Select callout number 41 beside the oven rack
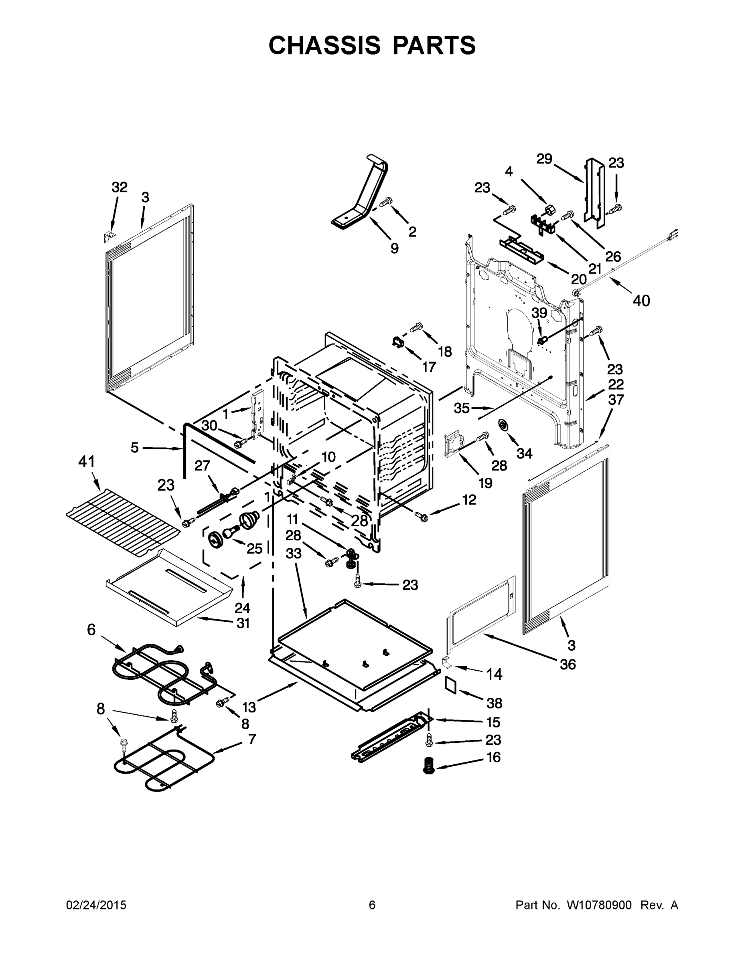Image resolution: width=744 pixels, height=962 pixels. pyautogui.click(x=86, y=462)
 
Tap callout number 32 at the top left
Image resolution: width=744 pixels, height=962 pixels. pyautogui.click(x=119, y=187)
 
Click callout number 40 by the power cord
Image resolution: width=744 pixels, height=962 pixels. pyautogui.click(x=641, y=301)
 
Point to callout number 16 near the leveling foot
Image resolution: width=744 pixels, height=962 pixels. pyautogui.click(x=494, y=757)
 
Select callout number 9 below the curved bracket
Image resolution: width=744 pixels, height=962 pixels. pyautogui.click(x=395, y=249)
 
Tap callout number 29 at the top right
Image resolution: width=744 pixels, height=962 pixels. pyautogui.click(x=544, y=159)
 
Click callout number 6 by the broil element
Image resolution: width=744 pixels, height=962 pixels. pyautogui.click(x=91, y=630)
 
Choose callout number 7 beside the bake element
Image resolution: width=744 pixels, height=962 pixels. pyautogui.click(x=251, y=739)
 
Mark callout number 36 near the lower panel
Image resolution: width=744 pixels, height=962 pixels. pyautogui.click(x=568, y=664)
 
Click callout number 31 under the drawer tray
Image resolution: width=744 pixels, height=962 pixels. pyautogui.click(x=243, y=623)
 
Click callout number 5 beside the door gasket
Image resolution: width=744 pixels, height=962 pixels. pyautogui.click(x=134, y=448)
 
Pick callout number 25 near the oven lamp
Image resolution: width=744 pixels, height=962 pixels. pyautogui.click(x=254, y=548)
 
